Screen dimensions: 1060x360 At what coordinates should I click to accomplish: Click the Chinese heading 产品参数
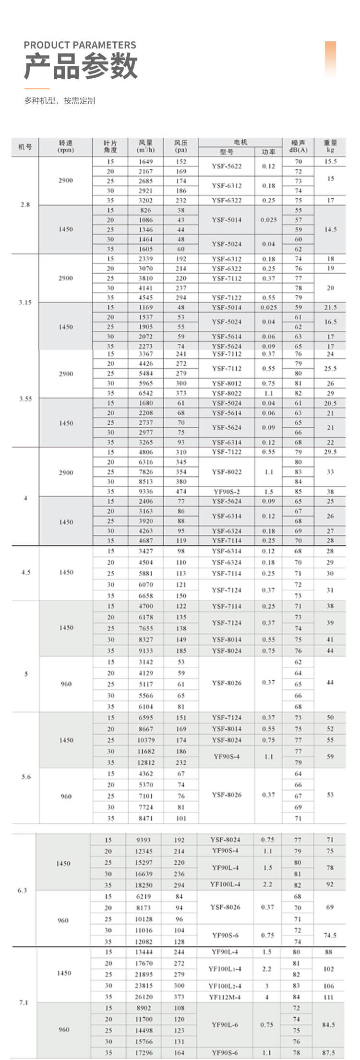[81, 66]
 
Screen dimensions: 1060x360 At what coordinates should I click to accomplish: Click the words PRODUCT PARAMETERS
[80, 45]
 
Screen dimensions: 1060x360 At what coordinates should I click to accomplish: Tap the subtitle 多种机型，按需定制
[60, 101]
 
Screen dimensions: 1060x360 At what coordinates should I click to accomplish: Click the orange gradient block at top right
[330, 58]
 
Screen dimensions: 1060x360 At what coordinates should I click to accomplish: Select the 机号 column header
[25, 146]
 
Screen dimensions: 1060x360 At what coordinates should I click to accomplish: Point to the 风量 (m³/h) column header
[145, 146]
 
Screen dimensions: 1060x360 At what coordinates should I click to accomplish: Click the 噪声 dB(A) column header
[298, 146]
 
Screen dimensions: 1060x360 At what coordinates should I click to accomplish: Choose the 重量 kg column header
[330, 146]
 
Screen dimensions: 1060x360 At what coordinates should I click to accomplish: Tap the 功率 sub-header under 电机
[269, 152]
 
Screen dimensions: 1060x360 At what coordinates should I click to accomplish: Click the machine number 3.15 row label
[25, 302]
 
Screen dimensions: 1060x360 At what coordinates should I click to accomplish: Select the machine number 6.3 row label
[22, 890]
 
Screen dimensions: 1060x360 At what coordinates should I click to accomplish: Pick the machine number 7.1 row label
[24, 1002]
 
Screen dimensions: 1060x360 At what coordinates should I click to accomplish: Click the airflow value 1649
[145, 162]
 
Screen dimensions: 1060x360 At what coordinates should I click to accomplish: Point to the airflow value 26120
[144, 997]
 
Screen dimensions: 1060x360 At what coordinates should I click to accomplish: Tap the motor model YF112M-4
[225, 997]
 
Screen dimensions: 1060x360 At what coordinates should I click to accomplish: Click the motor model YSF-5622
[227, 167]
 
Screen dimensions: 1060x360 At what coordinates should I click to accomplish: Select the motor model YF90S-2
[227, 492]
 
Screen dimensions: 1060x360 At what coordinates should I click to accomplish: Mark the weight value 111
[328, 997]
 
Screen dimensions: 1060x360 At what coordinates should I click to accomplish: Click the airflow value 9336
[145, 492]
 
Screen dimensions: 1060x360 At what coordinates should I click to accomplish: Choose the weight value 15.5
[330, 162]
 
